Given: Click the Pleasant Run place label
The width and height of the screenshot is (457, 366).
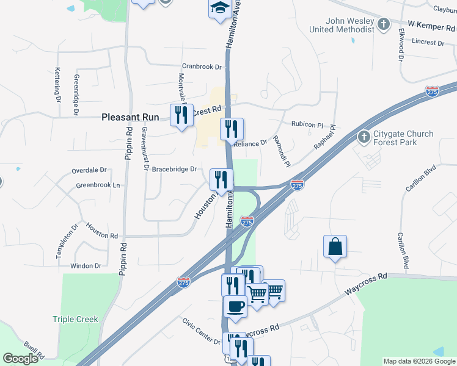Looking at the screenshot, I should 130,116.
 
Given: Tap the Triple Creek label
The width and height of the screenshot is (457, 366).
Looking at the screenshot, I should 75,319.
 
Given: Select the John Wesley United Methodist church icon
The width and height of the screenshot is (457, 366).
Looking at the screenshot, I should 384,24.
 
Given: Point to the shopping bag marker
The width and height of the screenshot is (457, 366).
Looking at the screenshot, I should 335,246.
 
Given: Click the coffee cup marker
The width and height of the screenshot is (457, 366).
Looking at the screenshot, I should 235,306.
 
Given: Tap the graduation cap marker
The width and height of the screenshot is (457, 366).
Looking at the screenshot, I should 219,9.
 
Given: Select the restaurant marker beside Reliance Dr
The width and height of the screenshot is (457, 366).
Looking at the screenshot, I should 232,129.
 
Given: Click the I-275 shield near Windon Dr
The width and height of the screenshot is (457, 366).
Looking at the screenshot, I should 183,282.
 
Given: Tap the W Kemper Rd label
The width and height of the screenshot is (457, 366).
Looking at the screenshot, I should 431,24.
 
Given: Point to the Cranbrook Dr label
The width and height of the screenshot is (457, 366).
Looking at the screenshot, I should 201,66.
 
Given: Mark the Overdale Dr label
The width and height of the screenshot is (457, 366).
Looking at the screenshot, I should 89,170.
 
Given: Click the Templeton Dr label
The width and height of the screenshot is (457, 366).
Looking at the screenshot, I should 68,241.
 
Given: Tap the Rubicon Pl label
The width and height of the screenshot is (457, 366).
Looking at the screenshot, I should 307,124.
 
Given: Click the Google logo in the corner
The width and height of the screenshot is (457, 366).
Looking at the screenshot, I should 20,359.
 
